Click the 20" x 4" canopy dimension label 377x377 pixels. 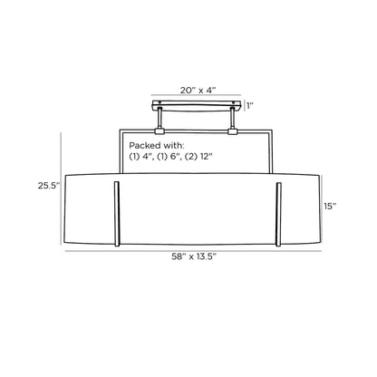(198, 90)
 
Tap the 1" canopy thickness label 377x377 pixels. (250, 106)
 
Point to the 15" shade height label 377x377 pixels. (330, 207)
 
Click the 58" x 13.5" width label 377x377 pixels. (194, 256)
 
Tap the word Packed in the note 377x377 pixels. (145, 146)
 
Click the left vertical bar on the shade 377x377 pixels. (117, 214)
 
